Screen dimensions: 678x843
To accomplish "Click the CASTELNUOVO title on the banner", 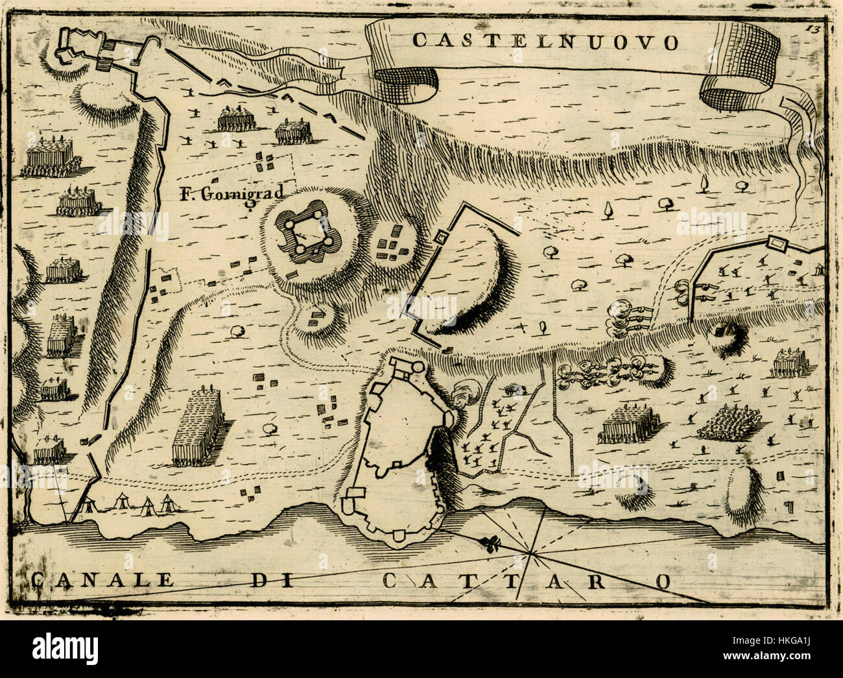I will coord(545,42).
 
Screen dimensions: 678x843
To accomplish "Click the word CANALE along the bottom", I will coord(102,579).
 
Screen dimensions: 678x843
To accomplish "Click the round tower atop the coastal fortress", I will coord(419,367).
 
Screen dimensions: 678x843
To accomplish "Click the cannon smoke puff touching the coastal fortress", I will coord(465,393).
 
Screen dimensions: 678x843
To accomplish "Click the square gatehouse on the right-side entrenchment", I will coord(775,243).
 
